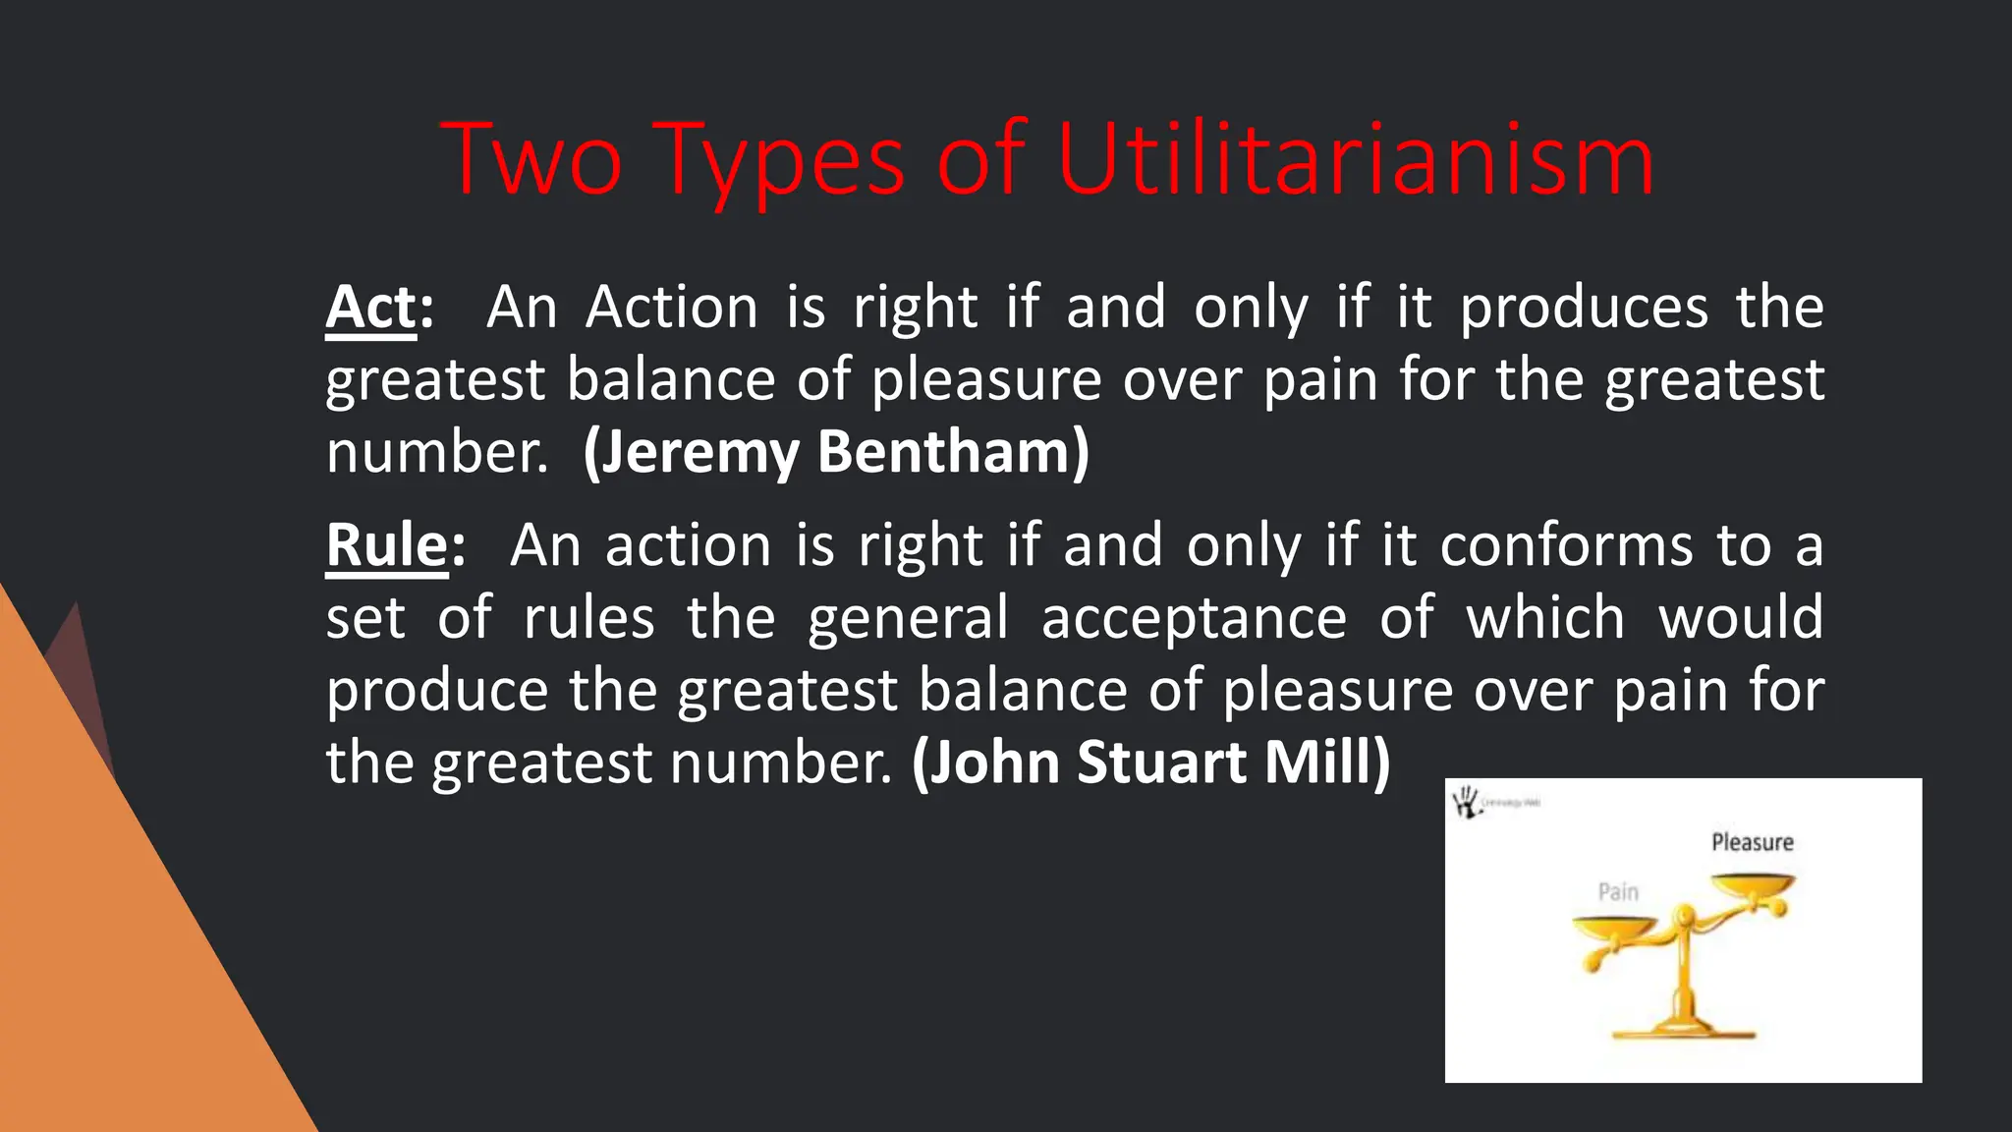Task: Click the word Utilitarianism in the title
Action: [x=1356, y=160]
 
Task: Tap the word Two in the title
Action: [x=531, y=160]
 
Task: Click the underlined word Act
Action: [x=371, y=308]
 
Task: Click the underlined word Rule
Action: [x=387, y=545]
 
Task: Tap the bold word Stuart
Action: [x=1161, y=763]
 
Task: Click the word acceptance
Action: [x=1194, y=618]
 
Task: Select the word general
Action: [x=908, y=620]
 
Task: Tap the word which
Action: [x=1545, y=618]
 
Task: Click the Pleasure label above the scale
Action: [x=1752, y=842]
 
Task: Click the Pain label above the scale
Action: [x=1618, y=891]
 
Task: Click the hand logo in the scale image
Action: [x=1467, y=802]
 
